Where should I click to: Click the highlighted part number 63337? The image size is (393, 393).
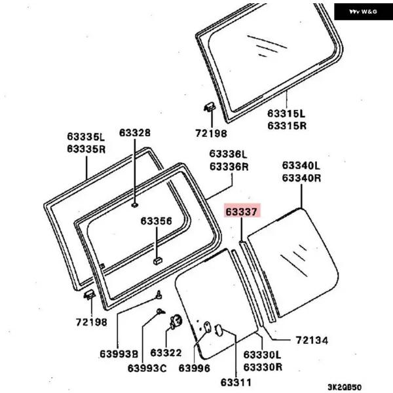242,211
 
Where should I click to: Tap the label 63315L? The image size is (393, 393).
286,113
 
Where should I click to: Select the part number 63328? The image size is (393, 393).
134,133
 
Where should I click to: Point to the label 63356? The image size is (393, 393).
156,221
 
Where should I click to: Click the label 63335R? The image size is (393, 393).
85,149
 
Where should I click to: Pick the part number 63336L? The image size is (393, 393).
229,155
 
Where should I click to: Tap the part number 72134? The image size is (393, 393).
312,341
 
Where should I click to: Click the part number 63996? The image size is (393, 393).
194,368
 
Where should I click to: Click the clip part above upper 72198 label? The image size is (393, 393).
208,107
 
